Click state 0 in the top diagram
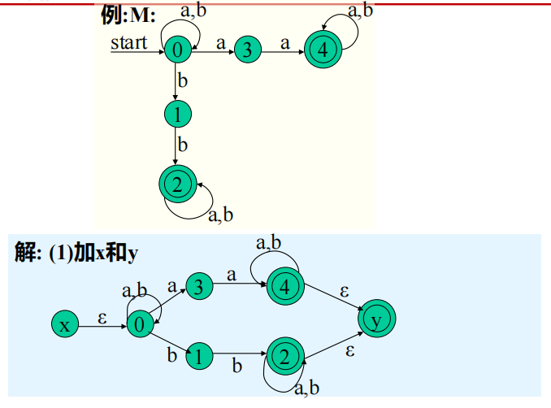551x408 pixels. point(176,50)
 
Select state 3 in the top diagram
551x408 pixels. point(247,50)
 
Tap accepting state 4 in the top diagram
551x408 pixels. point(323,50)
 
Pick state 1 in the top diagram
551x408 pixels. point(176,115)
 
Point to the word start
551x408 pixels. point(130,42)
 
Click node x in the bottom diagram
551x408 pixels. point(63,325)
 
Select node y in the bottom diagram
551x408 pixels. point(375,319)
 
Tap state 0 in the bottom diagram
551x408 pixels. point(139,325)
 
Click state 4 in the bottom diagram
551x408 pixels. point(284,286)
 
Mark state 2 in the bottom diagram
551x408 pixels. point(284,357)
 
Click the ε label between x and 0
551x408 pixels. point(102,318)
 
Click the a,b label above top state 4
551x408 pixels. point(361,11)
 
